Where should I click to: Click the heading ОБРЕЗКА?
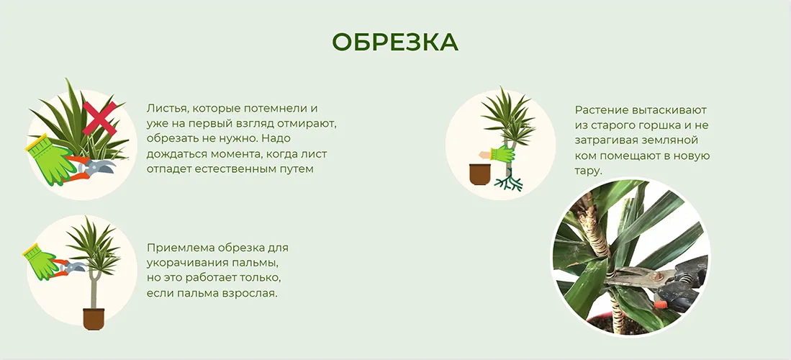pos(395,42)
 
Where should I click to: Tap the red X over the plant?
pos(100,118)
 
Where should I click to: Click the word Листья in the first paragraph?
pos(163,109)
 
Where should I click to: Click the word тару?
pos(588,171)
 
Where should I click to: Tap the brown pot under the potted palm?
pos(94,318)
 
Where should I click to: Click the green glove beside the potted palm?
pos(40,261)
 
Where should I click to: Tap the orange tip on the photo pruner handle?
pos(659,304)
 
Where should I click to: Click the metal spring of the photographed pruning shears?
pos(684,278)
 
